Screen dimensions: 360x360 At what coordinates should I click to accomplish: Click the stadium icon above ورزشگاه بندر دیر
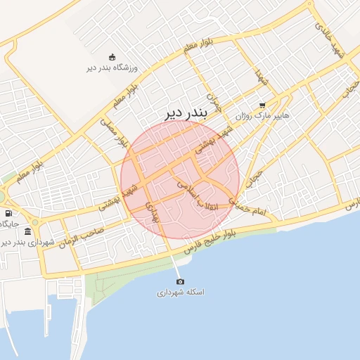click(x=112, y=57)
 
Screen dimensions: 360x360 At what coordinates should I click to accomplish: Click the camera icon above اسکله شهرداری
click(x=180, y=281)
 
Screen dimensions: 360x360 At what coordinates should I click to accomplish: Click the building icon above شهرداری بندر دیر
click(x=27, y=231)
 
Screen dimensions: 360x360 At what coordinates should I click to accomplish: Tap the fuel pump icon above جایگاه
click(x=8, y=213)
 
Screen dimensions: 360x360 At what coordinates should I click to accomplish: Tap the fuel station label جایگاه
click(x=9, y=224)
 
